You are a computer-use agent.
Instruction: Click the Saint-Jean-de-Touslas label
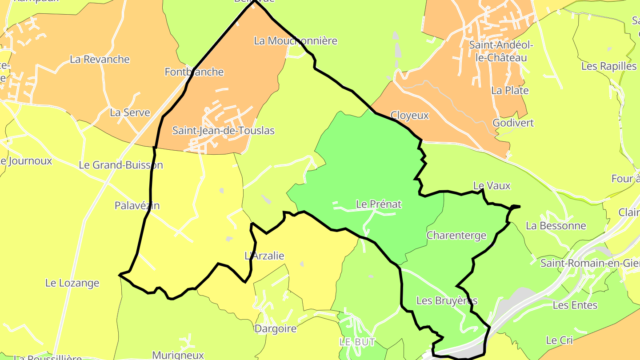click(223, 131)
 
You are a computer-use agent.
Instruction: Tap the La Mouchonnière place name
click(296, 41)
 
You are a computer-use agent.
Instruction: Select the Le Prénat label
click(379, 204)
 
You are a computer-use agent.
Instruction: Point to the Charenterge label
click(456, 235)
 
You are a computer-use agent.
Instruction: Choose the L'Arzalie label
click(264, 256)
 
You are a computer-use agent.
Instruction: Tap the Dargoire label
click(275, 329)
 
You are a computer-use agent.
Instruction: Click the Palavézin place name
click(137, 206)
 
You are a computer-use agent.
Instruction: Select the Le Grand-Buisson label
click(121, 165)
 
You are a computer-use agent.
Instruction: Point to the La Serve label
click(130, 113)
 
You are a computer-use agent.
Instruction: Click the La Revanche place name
click(100, 60)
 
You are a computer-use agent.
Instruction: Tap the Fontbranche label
click(194, 72)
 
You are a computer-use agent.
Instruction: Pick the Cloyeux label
click(409, 116)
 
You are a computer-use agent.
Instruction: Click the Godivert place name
click(513, 123)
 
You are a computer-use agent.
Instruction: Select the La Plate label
click(510, 91)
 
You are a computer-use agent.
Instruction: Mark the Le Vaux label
click(492, 186)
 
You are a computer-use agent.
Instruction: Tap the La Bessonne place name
click(556, 226)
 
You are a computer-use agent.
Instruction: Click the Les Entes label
click(575, 305)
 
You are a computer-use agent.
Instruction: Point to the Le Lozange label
click(72, 283)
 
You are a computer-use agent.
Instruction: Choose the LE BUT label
click(357, 342)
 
